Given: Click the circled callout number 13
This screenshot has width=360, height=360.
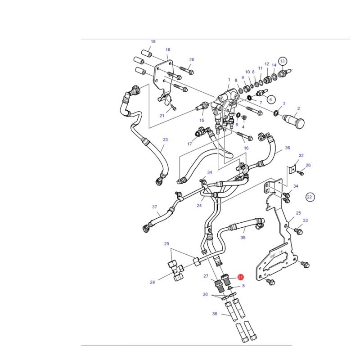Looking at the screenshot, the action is pyautogui.click(x=282, y=61).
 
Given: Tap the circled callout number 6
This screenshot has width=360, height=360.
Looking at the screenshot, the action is pyautogui.click(x=270, y=99).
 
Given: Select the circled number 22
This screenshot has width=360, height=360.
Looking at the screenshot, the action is pyautogui.click(x=310, y=197).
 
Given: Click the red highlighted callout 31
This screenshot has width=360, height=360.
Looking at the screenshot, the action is pyautogui.click(x=240, y=277).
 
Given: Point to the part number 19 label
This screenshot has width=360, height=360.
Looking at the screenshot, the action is pyautogui.click(x=153, y=41).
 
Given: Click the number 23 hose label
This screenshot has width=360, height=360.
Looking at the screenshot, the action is pyautogui.click(x=165, y=139).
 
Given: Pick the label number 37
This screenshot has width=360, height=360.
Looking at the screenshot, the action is pyautogui.click(x=154, y=207).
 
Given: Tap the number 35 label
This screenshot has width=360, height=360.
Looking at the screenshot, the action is pyautogui.click(x=243, y=238).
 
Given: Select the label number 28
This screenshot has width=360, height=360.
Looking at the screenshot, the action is pyautogui.click(x=153, y=282).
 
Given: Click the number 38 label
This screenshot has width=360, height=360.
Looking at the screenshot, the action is pyautogui.click(x=215, y=314).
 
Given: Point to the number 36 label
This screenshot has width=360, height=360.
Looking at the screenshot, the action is pyautogui.click(x=288, y=148).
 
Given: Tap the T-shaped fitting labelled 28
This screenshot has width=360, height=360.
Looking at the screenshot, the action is pyautogui.click(x=176, y=270).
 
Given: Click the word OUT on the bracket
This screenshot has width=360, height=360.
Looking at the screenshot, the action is pyautogui.click(x=273, y=256).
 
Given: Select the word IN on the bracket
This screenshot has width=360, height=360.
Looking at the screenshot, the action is pyautogui.click(x=281, y=252).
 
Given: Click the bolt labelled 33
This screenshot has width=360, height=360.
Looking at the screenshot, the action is pyautogui.click(x=298, y=231).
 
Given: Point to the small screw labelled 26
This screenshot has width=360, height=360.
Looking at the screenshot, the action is pyautogui.click(x=301, y=173).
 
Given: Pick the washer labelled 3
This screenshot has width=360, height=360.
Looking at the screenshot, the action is pyautogui.click(x=276, y=112).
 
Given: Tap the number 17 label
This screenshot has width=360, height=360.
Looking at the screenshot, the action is pyautogui.click(x=189, y=144).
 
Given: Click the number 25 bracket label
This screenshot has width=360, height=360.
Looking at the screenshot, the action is pyautogui.click(x=298, y=213).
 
